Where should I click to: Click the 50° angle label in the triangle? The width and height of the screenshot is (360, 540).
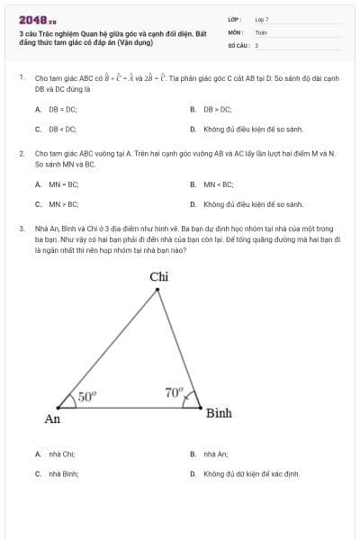coord(86,395)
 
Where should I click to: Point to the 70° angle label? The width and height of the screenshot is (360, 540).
coord(174,392)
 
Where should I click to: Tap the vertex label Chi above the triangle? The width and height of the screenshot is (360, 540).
coord(159,276)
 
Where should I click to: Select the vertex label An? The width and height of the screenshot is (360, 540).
coord(53,418)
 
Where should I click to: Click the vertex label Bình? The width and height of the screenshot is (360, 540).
coord(219,413)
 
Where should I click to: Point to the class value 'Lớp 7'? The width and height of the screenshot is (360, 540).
coord(262,19)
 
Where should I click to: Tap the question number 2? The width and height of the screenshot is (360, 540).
coord(21,154)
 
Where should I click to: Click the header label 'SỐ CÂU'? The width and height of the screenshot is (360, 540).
coord(238,44)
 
